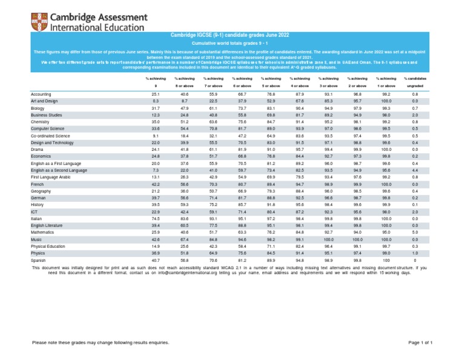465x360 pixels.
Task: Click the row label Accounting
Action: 42,95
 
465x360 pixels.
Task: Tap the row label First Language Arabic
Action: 51,177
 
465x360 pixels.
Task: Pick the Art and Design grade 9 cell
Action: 155,101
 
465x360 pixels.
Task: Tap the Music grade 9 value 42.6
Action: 155,239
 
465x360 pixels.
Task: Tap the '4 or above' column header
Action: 300,86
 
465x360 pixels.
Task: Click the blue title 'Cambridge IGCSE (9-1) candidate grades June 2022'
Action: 232,38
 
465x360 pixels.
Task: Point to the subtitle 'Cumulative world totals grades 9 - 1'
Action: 232,45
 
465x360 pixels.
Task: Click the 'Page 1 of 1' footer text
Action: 420,343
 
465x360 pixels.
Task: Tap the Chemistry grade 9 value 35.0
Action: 155,121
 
